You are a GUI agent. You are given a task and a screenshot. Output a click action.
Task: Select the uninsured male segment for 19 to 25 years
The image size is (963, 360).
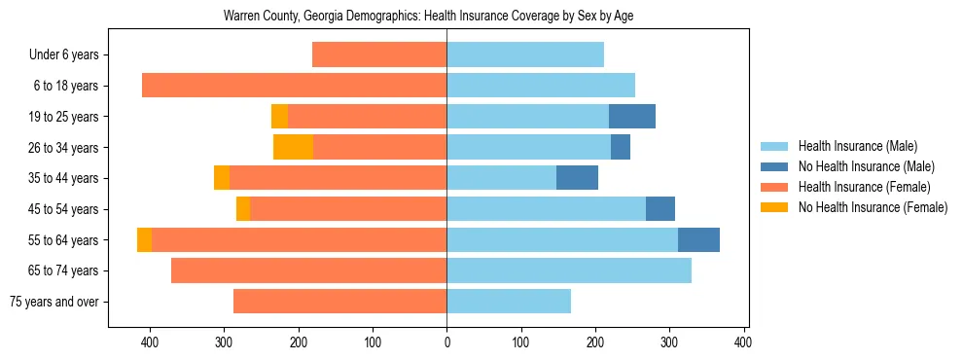632,117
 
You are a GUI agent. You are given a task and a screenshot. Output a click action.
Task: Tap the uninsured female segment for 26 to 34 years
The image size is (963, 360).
293,147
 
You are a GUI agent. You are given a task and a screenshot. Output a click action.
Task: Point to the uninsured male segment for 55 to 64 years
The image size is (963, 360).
698,240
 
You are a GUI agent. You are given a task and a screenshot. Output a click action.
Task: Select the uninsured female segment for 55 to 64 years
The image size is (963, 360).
144,240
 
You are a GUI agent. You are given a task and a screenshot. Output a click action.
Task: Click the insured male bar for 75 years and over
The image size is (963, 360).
509,302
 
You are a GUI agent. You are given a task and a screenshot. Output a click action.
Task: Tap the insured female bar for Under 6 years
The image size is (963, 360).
379,54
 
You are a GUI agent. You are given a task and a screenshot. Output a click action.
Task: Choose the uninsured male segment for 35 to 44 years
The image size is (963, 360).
577,178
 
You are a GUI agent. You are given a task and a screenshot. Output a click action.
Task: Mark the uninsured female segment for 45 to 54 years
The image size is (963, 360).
243,209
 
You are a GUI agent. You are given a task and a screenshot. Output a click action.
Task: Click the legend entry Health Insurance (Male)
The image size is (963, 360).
857,146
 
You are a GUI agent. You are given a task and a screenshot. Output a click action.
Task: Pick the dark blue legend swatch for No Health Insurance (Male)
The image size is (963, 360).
774,166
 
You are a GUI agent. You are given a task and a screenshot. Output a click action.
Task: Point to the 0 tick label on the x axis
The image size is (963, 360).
446,342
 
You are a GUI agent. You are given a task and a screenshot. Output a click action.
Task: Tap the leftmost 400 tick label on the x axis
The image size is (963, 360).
150,342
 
